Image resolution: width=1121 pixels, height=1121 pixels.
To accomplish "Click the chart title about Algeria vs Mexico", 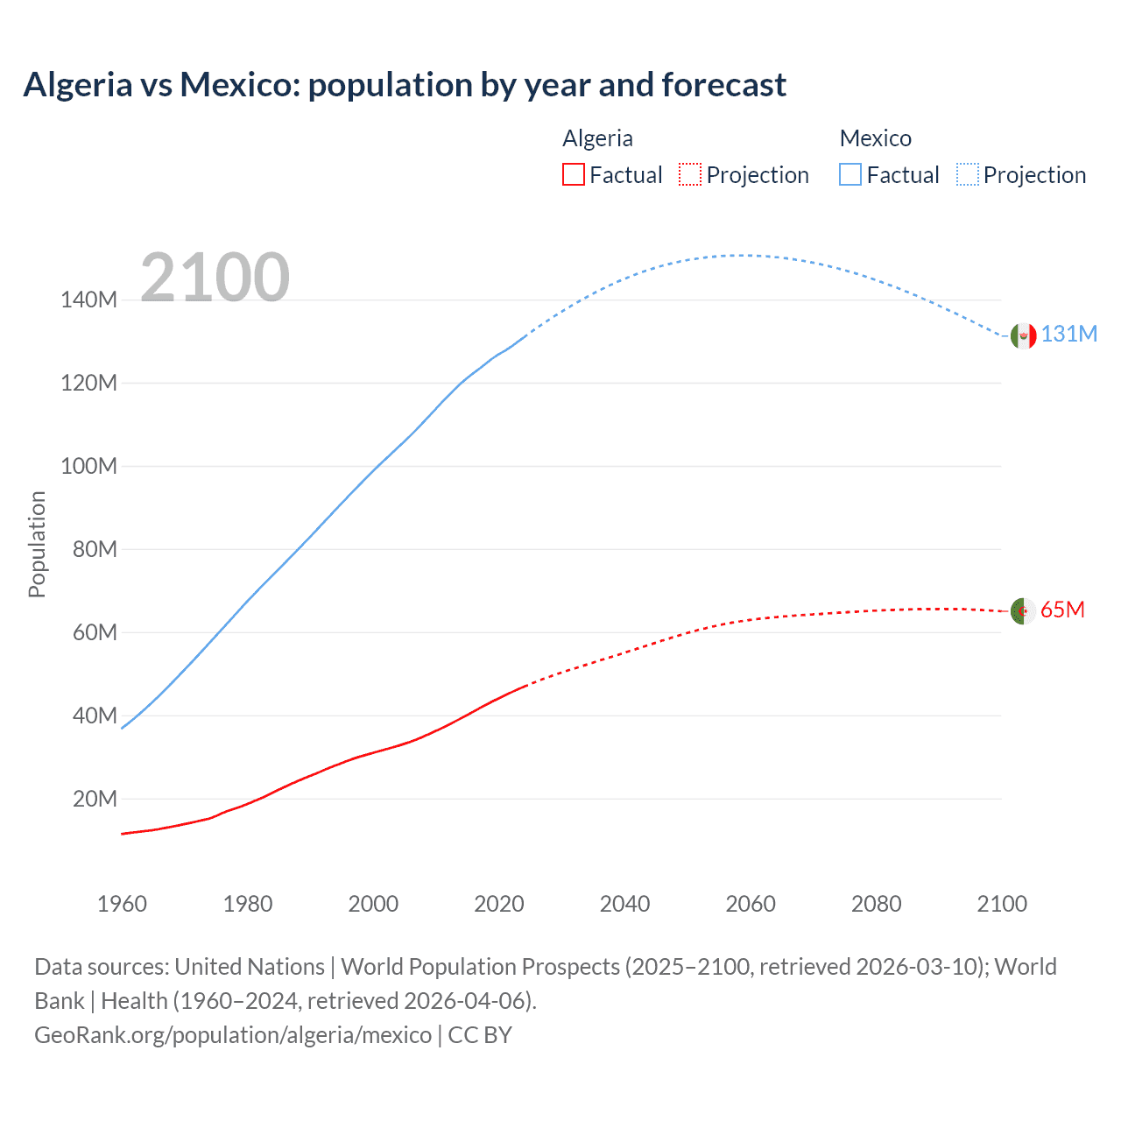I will point(405,85).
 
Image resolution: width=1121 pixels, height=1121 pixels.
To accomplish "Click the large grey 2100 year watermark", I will point(215,278).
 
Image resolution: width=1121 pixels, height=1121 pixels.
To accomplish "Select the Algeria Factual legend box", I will point(573,174).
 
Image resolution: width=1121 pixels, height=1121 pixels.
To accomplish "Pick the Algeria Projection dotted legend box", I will point(690,174).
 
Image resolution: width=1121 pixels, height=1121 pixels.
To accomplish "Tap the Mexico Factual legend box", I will point(850,174).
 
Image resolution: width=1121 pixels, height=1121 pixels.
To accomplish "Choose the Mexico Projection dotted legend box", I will point(967,174).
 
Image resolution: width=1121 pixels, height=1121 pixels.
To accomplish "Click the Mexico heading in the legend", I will point(875,138).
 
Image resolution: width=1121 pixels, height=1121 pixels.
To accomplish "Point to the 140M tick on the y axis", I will point(88,300).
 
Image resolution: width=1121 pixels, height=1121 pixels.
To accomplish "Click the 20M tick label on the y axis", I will point(95,799).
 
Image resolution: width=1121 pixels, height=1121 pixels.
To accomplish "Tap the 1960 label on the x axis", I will point(122,904).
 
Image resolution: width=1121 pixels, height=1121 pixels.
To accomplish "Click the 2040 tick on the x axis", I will point(624,904).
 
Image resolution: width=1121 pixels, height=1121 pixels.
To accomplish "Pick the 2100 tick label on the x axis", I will point(1002,904).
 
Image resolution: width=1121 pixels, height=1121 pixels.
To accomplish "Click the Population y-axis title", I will point(37,544).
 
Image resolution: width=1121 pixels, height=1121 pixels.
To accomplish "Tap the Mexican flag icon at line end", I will point(1023,335).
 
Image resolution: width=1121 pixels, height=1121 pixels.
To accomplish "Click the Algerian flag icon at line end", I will point(1023,610).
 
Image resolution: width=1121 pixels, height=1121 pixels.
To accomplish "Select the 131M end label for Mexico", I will point(1068,334).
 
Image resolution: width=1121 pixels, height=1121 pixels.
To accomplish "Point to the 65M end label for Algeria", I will point(1062,610).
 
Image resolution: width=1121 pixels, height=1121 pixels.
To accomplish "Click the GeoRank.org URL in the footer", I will point(233,1035).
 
